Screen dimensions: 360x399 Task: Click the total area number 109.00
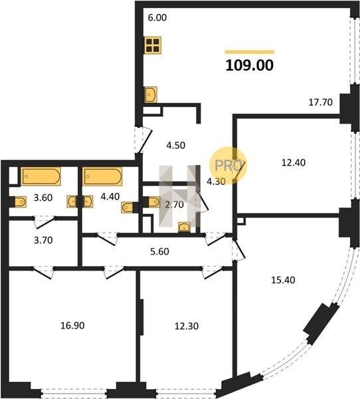coord(249,65)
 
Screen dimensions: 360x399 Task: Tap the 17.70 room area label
coord(320,102)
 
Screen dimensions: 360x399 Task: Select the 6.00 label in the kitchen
coord(157,17)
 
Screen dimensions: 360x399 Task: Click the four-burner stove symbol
coord(153,45)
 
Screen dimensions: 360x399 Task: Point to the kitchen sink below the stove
coord(151,94)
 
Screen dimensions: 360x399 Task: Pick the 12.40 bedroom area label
coord(294,162)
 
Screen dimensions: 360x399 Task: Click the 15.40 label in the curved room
coord(283,280)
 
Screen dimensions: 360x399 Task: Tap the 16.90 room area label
coord(72,325)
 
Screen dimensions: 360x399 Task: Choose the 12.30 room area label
coord(187,326)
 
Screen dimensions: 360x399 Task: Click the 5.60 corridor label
coord(159,251)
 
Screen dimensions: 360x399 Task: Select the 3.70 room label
coord(43,240)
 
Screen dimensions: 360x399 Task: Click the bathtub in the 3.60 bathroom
coord(41,176)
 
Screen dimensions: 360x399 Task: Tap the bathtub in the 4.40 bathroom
coord(103,176)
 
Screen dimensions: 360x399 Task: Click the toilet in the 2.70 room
coord(152,202)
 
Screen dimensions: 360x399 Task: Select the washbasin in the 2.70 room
coord(185,227)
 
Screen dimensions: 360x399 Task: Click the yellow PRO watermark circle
coord(228,166)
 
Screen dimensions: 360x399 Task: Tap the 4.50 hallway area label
coord(175,145)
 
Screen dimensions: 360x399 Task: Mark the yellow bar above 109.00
coord(250,52)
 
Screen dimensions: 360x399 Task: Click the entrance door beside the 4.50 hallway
coord(143,140)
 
